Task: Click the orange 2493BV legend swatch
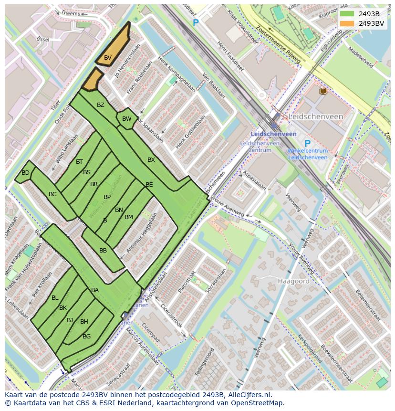pos(347,23)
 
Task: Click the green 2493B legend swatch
pos(347,14)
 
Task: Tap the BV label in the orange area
pos(108,58)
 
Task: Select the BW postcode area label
pos(126,119)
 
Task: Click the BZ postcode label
pos(100,105)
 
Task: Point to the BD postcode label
pos(25,173)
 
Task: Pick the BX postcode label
pos(151,160)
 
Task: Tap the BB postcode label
pos(103,251)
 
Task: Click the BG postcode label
pos(86,337)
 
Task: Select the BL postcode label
pos(55,298)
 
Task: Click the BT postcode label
pos(79,162)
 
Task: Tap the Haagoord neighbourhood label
pos(294,281)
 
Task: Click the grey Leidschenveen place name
pos(315,116)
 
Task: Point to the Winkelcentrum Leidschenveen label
pos(307,154)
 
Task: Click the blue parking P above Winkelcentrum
pos(307,144)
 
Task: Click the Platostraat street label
pos(187,283)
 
